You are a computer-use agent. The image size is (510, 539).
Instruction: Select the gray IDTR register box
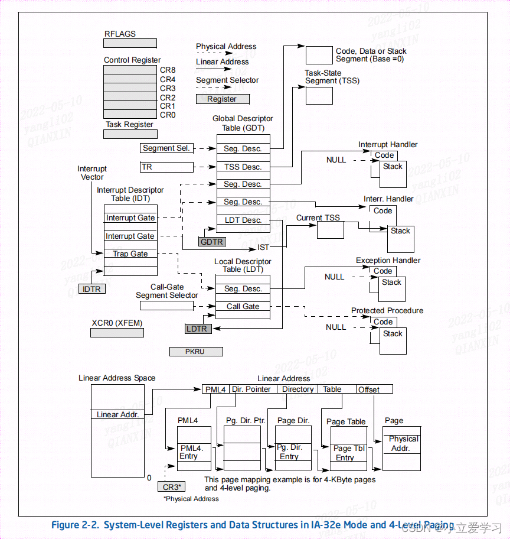coord(92,288)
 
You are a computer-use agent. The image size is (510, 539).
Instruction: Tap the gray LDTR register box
coord(198,329)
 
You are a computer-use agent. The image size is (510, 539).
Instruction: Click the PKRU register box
coord(196,352)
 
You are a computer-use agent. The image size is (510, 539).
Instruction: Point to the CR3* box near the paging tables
coord(172,487)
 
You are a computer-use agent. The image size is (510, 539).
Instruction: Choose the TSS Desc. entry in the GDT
coord(243,167)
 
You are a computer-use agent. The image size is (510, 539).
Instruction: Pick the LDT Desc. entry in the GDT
coord(243,220)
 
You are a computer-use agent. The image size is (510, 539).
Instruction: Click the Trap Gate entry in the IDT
coord(130,254)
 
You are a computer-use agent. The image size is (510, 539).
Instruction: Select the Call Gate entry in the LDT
coord(243,306)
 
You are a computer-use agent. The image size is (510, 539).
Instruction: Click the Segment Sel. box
coord(166,148)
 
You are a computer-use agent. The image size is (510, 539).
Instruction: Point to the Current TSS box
coord(330,230)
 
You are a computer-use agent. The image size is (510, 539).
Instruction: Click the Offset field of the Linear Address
coord(374,389)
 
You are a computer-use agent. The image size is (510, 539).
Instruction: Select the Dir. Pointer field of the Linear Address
coord(251,389)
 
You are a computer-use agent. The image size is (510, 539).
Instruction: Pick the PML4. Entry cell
coord(194,452)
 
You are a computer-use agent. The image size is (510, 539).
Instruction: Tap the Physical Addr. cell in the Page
coord(403,443)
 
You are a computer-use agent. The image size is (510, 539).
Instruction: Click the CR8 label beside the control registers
coord(168,70)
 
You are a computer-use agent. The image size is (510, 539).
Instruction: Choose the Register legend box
coord(223,99)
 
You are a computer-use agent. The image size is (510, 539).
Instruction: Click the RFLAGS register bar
coord(130,43)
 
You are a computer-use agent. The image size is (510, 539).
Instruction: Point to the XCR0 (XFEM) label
coord(117,323)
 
